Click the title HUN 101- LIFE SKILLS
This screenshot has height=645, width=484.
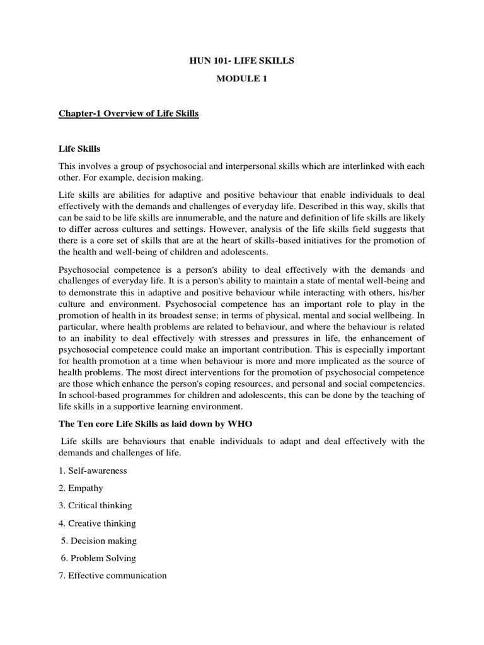pos(243,60)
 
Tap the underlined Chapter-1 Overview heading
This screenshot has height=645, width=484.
pos(129,113)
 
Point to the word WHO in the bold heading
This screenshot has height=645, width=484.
pos(231,425)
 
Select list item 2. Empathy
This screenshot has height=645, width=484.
pos(81,488)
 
